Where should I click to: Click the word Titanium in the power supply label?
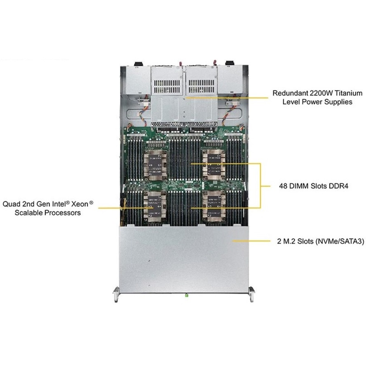[349, 93]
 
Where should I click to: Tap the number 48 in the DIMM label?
[283, 186]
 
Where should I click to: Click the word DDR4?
[338, 186]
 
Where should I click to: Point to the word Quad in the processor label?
[12, 204]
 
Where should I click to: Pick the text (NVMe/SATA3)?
[340, 241]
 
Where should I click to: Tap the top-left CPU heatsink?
[155, 165]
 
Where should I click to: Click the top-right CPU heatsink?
[213, 165]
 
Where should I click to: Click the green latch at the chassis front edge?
[186, 296]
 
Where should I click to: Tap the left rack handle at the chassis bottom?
[116, 295]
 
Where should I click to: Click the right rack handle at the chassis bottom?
[251, 295]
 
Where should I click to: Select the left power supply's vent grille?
[167, 86]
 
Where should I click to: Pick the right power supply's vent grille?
[202, 86]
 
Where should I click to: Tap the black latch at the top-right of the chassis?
[229, 63]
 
